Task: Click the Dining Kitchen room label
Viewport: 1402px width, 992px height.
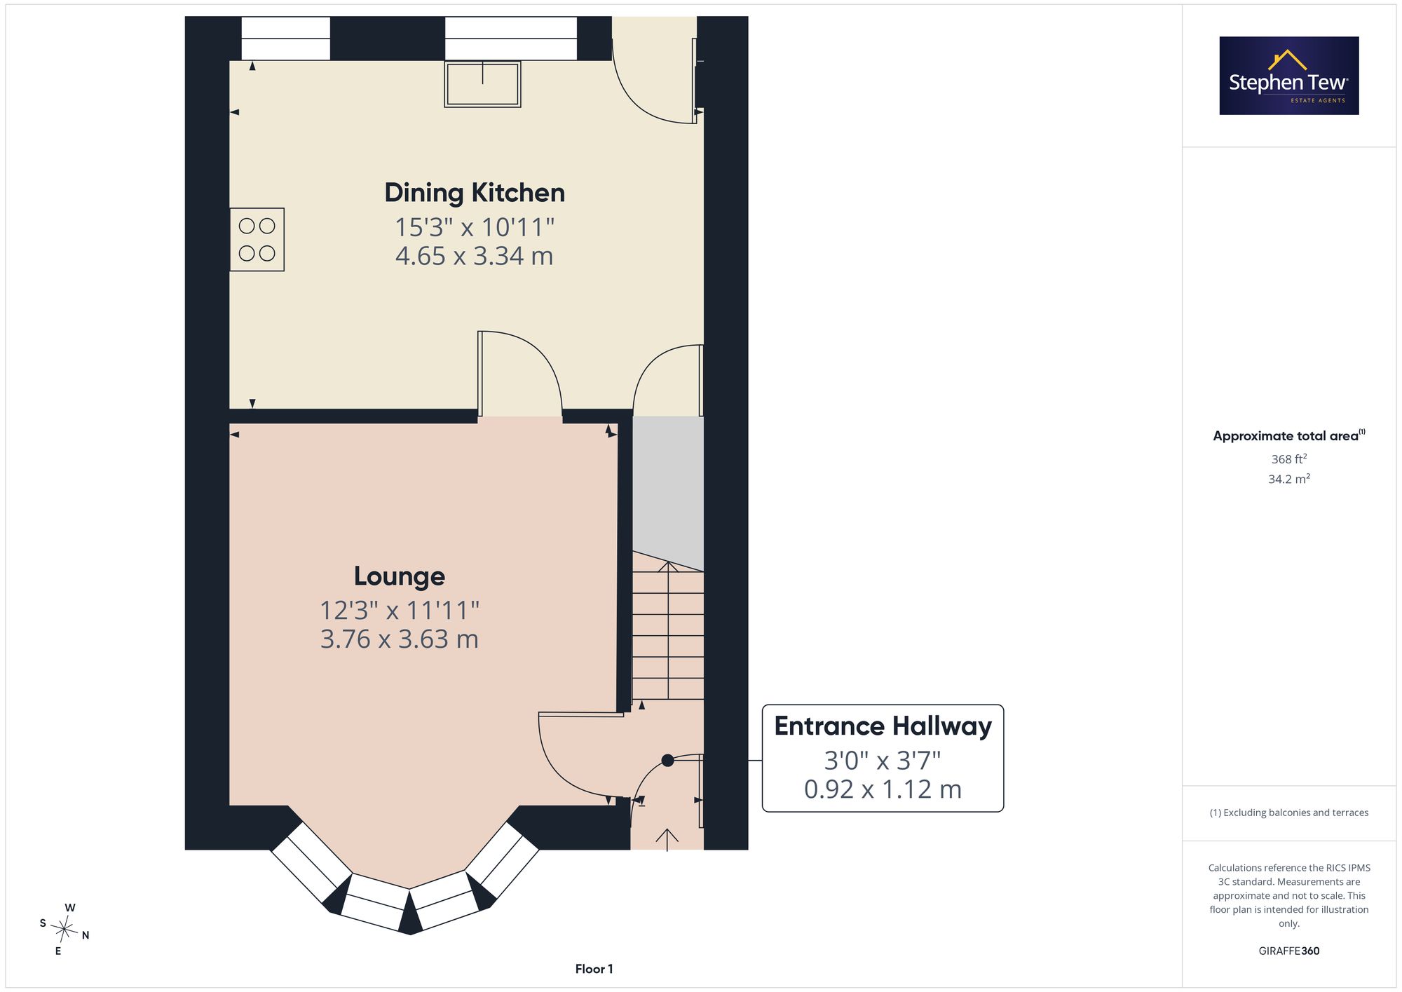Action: pos(475,193)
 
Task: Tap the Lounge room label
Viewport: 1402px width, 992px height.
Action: pos(400,576)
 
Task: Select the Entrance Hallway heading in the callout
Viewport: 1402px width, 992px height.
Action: pos(883,726)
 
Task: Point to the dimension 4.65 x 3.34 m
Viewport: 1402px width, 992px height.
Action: pos(475,256)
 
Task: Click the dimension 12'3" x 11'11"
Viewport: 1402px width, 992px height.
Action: pos(400,610)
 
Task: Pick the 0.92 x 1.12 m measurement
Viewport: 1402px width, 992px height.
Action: pos(883,789)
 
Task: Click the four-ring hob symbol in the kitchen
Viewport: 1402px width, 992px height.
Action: pos(257,240)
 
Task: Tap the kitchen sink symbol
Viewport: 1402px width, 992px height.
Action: pos(482,84)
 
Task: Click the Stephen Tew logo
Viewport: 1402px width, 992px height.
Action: pos(1289,76)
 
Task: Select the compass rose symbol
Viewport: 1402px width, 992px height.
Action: pos(64,930)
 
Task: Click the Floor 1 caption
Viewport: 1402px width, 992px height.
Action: pos(594,969)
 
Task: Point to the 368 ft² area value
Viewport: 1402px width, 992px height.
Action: pos(1289,459)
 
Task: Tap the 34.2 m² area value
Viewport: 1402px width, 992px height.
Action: pos(1289,479)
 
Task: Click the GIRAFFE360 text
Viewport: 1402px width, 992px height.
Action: pos(1289,951)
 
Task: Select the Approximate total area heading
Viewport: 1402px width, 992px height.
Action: pos(1289,435)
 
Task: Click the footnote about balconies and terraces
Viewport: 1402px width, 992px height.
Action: pos(1289,813)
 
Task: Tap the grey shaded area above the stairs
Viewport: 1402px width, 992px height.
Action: pos(668,491)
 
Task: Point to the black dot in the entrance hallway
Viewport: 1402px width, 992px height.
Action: pos(667,760)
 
